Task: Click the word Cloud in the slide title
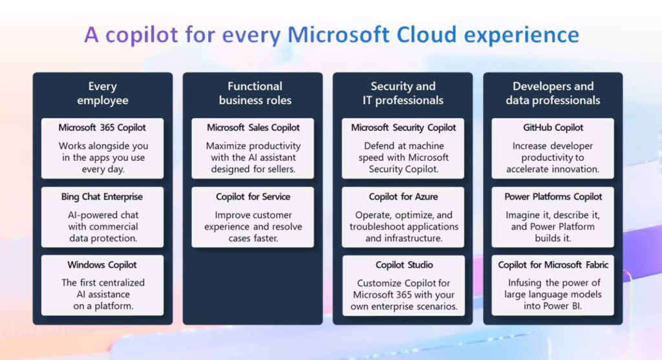point(427,34)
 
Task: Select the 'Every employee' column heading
point(103,93)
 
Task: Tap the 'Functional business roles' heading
point(255,93)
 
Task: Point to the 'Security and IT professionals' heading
point(403,93)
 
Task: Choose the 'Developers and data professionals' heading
point(553,93)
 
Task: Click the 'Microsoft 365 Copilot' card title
point(102,127)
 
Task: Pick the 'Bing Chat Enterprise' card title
point(101,196)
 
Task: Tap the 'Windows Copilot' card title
point(102,265)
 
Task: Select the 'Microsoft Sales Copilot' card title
point(253,127)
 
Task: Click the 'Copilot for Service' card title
point(253,196)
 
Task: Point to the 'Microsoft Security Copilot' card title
point(403,127)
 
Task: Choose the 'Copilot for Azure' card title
point(403,196)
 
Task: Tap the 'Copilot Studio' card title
point(404,265)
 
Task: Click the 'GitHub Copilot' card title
point(553,127)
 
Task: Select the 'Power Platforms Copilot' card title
point(553,196)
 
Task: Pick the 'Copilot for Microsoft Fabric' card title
point(553,265)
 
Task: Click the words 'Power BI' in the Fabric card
point(567,306)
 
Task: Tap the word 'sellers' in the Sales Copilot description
point(281,169)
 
